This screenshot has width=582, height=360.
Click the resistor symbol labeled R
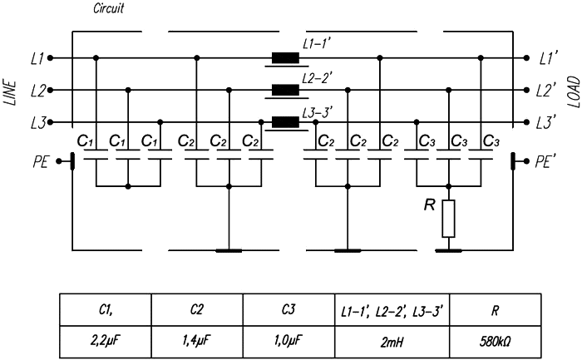(x=448, y=219)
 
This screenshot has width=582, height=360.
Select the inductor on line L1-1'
(x=285, y=58)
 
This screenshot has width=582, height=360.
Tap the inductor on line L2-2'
(x=285, y=90)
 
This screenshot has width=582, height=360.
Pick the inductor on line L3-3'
(x=285, y=122)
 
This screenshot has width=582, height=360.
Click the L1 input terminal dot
(x=50, y=58)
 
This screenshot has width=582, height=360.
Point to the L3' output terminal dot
(x=526, y=122)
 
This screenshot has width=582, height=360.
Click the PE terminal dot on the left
(x=59, y=161)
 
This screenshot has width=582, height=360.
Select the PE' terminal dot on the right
(x=526, y=161)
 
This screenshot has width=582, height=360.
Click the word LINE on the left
(x=11, y=93)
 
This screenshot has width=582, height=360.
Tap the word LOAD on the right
(x=574, y=91)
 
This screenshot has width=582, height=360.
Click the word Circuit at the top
(x=108, y=8)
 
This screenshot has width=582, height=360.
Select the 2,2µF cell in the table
(x=106, y=342)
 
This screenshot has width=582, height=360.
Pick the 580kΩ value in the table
(x=496, y=342)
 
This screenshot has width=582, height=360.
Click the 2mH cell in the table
(x=392, y=342)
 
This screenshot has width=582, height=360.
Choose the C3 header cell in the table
(x=289, y=310)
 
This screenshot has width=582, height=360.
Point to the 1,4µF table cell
(x=197, y=342)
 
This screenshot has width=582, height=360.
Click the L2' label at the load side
(x=546, y=90)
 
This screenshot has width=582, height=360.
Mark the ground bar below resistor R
(x=448, y=250)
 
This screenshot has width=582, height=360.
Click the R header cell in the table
(x=496, y=310)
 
